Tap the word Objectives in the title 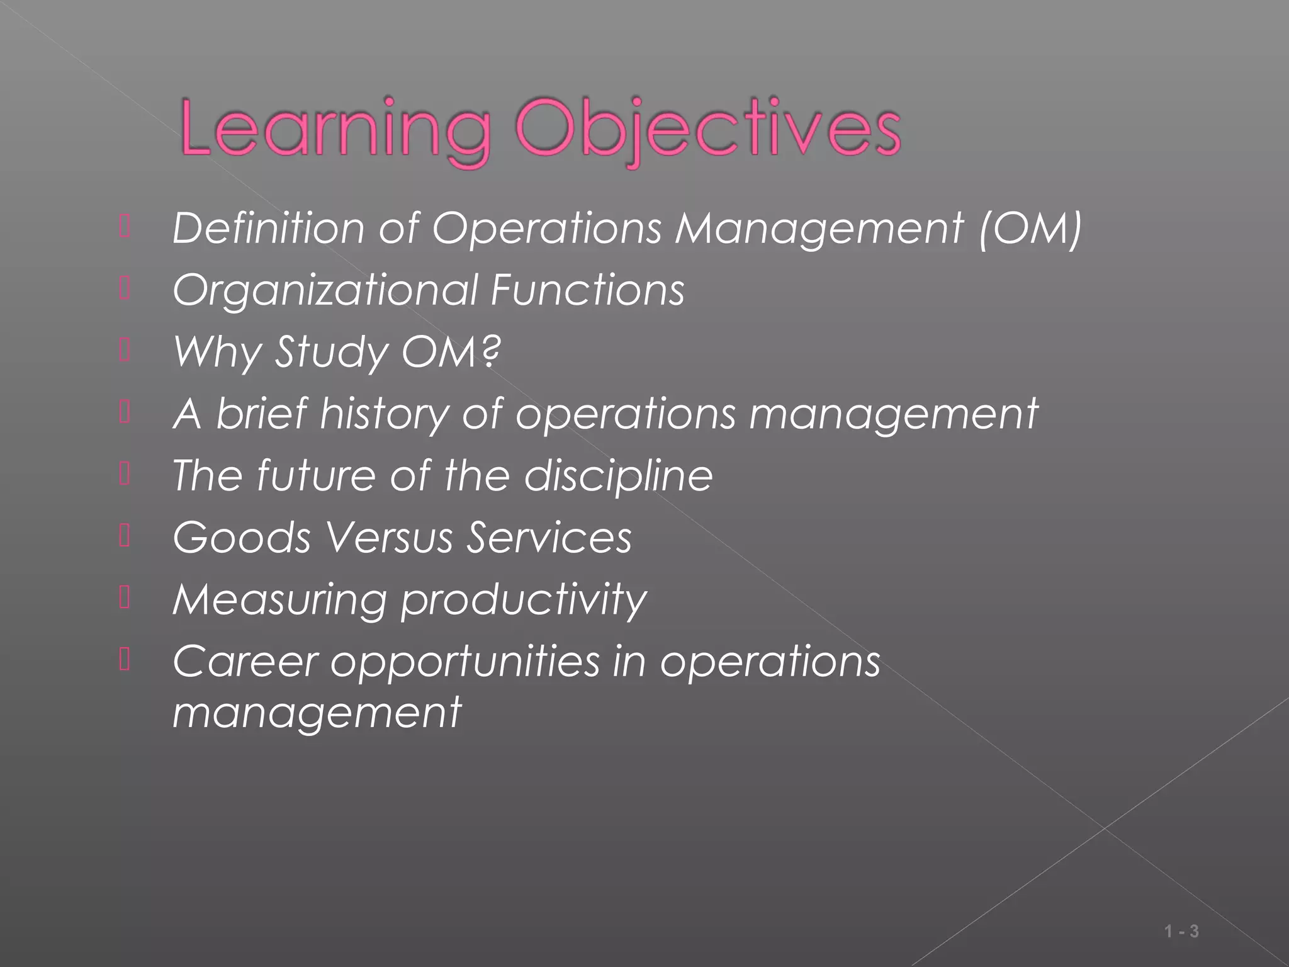tap(708, 129)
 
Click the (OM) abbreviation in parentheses tap(1030, 227)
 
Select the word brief tap(262, 414)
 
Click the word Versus tap(389, 538)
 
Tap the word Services tap(549, 538)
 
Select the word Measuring tap(279, 599)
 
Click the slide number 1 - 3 tap(1181, 932)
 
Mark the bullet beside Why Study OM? tap(124, 350)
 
